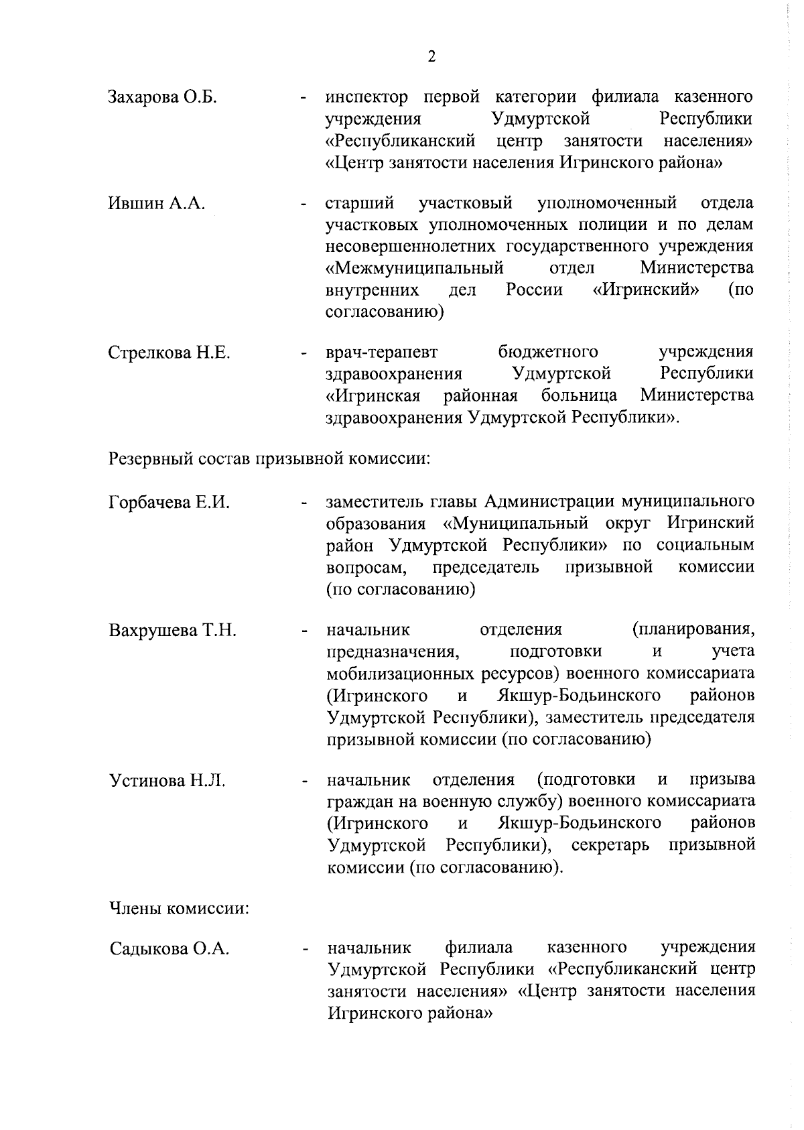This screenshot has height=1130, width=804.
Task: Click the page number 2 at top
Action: click(431, 57)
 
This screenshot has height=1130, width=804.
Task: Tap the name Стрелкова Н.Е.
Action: click(170, 353)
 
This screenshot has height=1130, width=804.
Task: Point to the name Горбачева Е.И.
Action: click(169, 503)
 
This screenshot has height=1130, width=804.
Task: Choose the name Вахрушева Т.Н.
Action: click(172, 631)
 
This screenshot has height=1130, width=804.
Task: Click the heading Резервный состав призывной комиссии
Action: click(269, 460)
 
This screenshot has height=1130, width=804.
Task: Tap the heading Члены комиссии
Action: click(179, 909)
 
